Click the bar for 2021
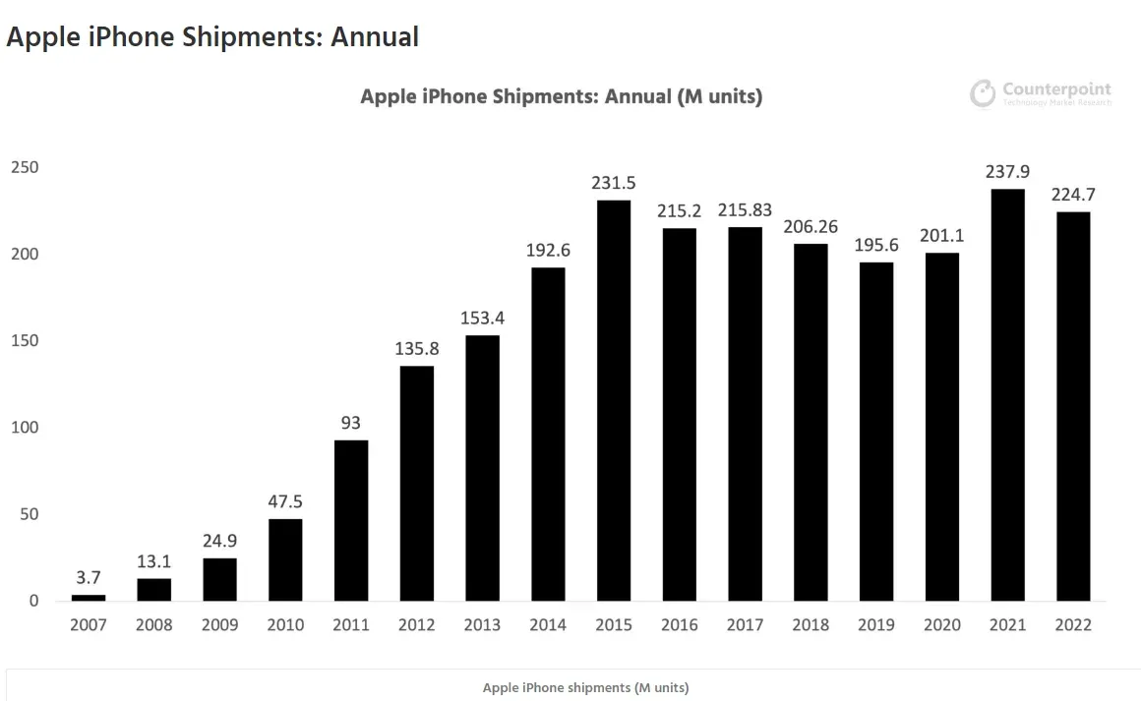click(x=1007, y=394)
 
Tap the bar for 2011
click(x=351, y=520)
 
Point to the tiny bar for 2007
click(x=89, y=598)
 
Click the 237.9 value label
click(x=1007, y=172)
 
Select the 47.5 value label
click(x=285, y=501)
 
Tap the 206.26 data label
click(x=811, y=226)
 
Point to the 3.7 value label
click(x=89, y=577)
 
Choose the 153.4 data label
click(x=482, y=319)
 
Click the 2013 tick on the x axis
click(x=482, y=625)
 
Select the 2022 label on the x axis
click(x=1072, y=625)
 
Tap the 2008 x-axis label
click(x=153, y=625)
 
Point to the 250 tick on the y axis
click(x=25, y=168)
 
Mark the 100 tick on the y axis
click(x=25, y=428)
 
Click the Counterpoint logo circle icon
click(x=983, y=94)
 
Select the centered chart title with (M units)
click(x=562, y=96)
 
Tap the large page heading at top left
click(x=212, y=37)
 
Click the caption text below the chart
click(x=585, y=687)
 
